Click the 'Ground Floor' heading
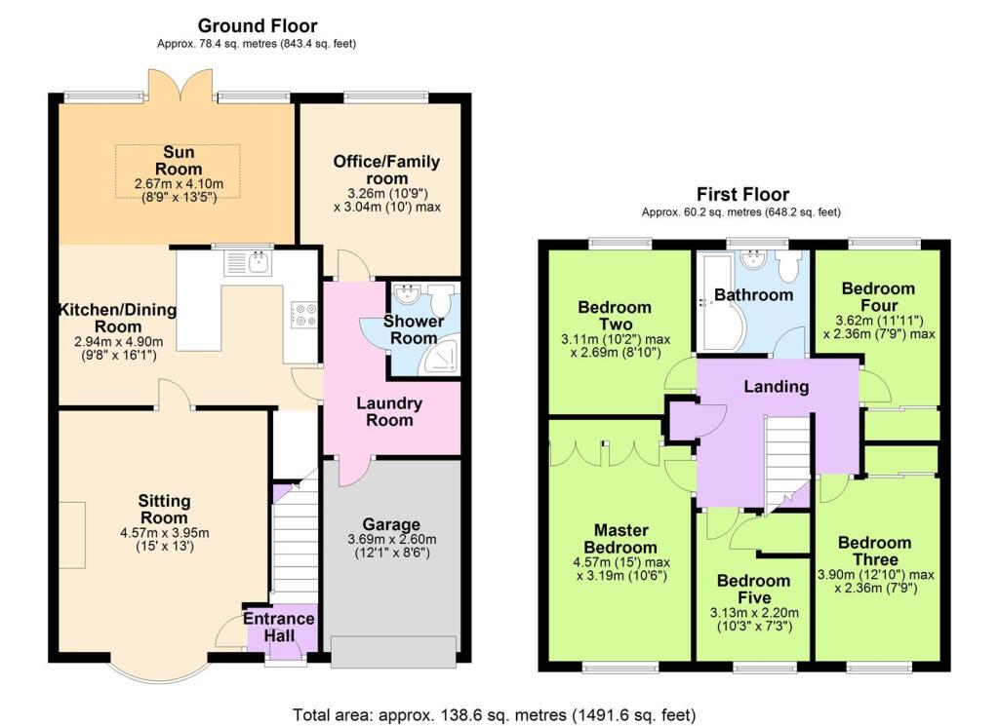pos(258,25)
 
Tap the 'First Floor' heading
pos(741,194)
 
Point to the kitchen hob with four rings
pos(303,313)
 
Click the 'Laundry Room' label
pos(388,411)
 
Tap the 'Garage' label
pos(391,523)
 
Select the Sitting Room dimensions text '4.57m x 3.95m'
pos(164,532)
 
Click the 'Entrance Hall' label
pos(279,627)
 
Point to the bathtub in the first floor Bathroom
pos(715,297)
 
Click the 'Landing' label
pos(777,386)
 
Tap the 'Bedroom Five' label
pos(754,589)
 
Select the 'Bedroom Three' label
pos(874,551)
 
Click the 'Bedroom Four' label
pos(878,296)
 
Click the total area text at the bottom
pos(496,714)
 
